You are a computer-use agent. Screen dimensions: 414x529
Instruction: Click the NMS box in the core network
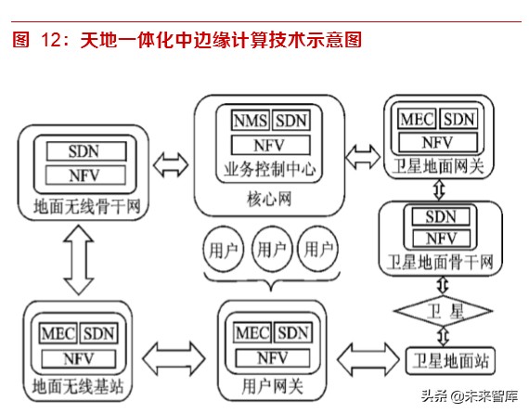[251, 121]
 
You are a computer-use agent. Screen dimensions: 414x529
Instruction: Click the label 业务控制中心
[269, 169]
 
